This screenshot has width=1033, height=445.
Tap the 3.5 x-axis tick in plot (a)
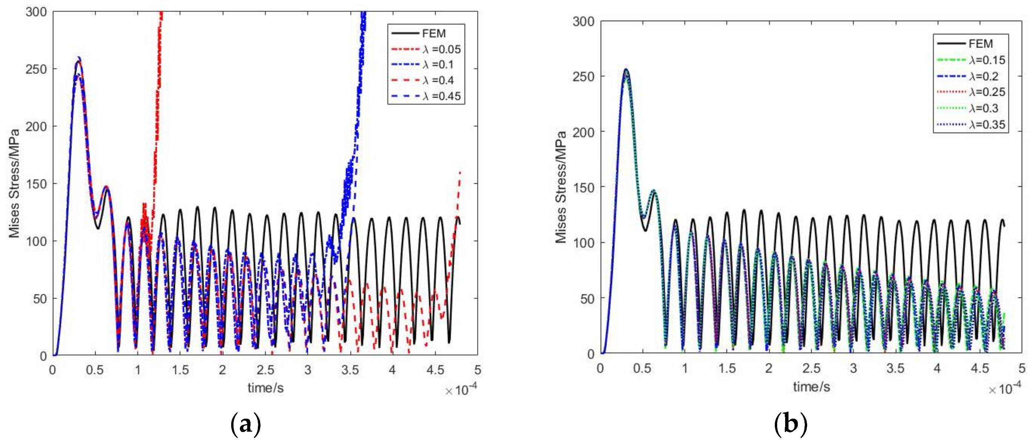[350, 370]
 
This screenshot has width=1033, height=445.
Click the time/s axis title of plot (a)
[265, 388]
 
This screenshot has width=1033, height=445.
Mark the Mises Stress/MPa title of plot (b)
[561, 187]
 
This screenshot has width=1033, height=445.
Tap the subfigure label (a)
[246, 425]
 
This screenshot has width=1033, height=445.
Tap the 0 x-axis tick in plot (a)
[53, 370]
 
